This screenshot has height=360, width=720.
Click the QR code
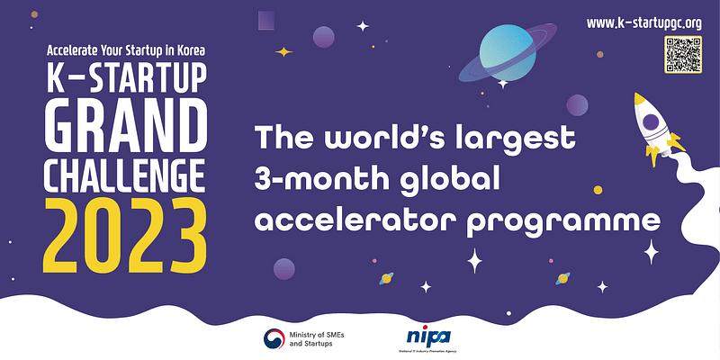tap(682, 54)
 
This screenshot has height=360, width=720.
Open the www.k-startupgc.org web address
tap(643, 21)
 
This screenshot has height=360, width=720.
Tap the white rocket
tap(654, 127)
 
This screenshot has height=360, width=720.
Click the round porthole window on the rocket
tap(651, 118)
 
